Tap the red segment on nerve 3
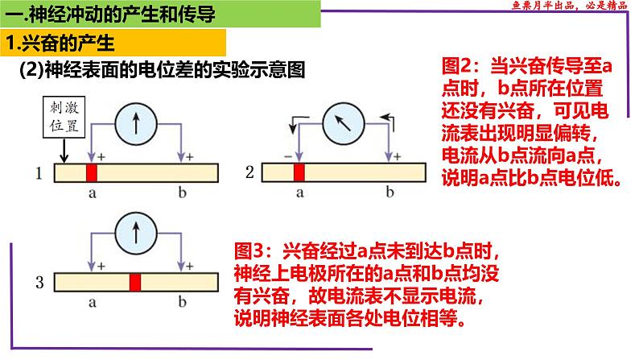[x=135, y=282]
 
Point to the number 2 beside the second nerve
[x=249, y=173]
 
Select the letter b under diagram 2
[x=390, y=193]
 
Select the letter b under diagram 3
[x=182, y=303]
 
